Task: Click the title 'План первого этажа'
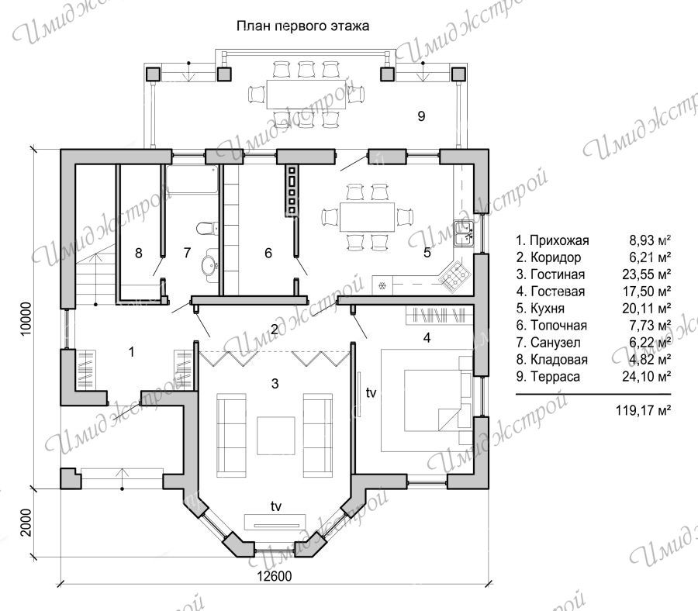302,26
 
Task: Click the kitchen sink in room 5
465,233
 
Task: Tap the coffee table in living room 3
275,435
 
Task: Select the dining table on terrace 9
306,94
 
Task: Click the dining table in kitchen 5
368,217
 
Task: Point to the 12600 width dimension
275,576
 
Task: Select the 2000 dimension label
26,523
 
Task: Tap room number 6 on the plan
268,253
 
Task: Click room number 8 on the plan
139,253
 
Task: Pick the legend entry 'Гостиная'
551,274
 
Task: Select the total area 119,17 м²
643,410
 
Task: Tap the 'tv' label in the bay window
276,506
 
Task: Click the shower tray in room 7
192,179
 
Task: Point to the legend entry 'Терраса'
548,377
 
